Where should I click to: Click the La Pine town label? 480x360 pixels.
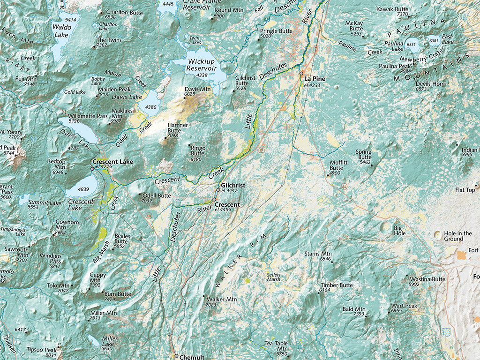coord(315,79)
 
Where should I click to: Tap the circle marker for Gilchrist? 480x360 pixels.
coord(218,190)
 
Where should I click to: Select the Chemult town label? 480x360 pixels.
coord(192,357)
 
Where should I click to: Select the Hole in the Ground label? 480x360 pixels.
coord(457,236)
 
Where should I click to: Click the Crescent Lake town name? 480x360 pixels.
coord(112,162)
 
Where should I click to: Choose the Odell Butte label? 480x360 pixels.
coord(157,195)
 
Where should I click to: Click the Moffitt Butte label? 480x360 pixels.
coord(339,165)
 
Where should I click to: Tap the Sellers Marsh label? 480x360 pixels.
coord(274,277)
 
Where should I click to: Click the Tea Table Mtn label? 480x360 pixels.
coord(276,346)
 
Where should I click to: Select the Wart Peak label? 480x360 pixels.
coord(404,306)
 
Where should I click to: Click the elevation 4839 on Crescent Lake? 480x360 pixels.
coord(83,189)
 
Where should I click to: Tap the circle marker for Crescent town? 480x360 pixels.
coord(214,200)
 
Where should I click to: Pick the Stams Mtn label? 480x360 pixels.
coord(318,254)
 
